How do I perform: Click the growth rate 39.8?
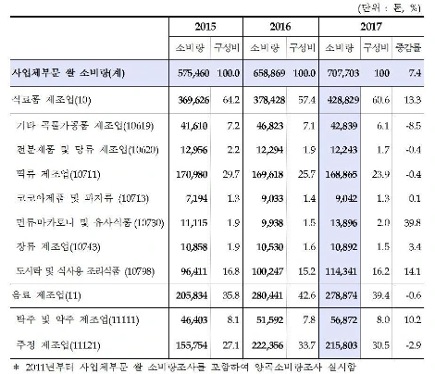414,223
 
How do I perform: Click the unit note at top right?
398,8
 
